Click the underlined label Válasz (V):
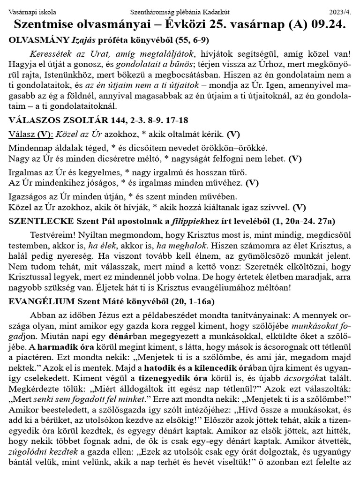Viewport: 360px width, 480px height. (x=28, y=135)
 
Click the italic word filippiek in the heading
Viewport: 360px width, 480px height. (x=185, y=220)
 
